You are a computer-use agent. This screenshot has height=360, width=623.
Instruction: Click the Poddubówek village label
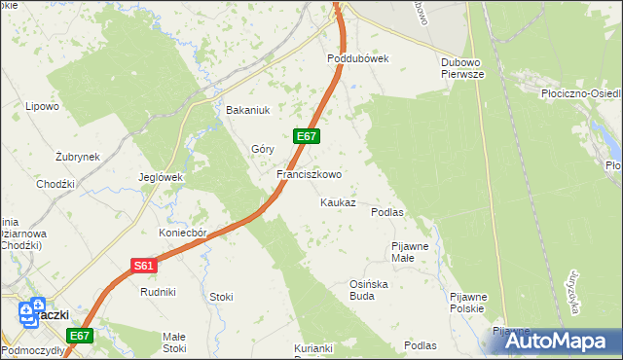[356, 58]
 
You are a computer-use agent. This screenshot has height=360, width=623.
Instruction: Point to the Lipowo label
[43, 106]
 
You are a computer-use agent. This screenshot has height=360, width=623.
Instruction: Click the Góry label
[263, 149]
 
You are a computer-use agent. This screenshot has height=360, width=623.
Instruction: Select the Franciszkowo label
[309, 175]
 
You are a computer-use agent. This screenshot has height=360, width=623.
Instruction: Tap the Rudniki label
[158, 292]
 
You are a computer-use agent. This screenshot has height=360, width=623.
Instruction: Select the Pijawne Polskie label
[467, 303]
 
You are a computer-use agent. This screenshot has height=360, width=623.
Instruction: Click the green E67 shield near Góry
[305, 136]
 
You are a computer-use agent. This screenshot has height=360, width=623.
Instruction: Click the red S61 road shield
[143, 265]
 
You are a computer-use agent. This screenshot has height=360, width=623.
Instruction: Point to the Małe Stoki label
[174, 342]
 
